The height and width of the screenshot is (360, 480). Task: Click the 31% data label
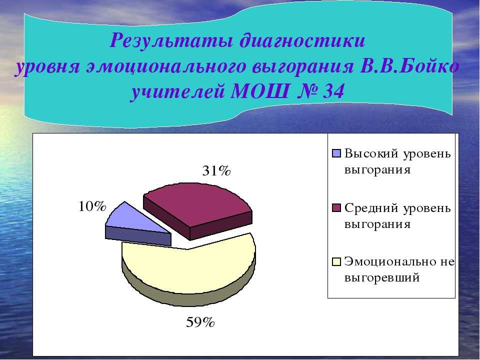(216, 171)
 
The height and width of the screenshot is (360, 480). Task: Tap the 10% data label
(92, 206)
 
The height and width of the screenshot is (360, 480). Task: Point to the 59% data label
(200, 322)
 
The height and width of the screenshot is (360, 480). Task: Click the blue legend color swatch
(336, 153)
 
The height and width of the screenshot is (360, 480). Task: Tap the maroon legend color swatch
(336, 208)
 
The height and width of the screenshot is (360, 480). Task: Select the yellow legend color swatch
(336, 262)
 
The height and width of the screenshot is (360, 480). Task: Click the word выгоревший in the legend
(382, 278)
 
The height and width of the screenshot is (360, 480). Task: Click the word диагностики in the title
(302, 40)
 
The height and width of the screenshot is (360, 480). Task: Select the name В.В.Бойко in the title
(409, 66)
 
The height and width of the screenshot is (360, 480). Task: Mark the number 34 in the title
(333, 91)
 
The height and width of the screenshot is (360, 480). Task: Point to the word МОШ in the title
(260, 91)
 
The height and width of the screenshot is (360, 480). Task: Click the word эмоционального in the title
(165, 66)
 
